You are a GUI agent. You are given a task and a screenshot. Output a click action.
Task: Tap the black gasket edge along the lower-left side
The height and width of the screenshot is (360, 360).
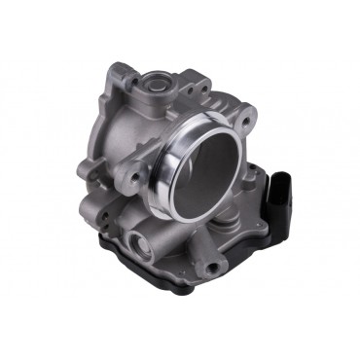(x=107, y=255)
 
